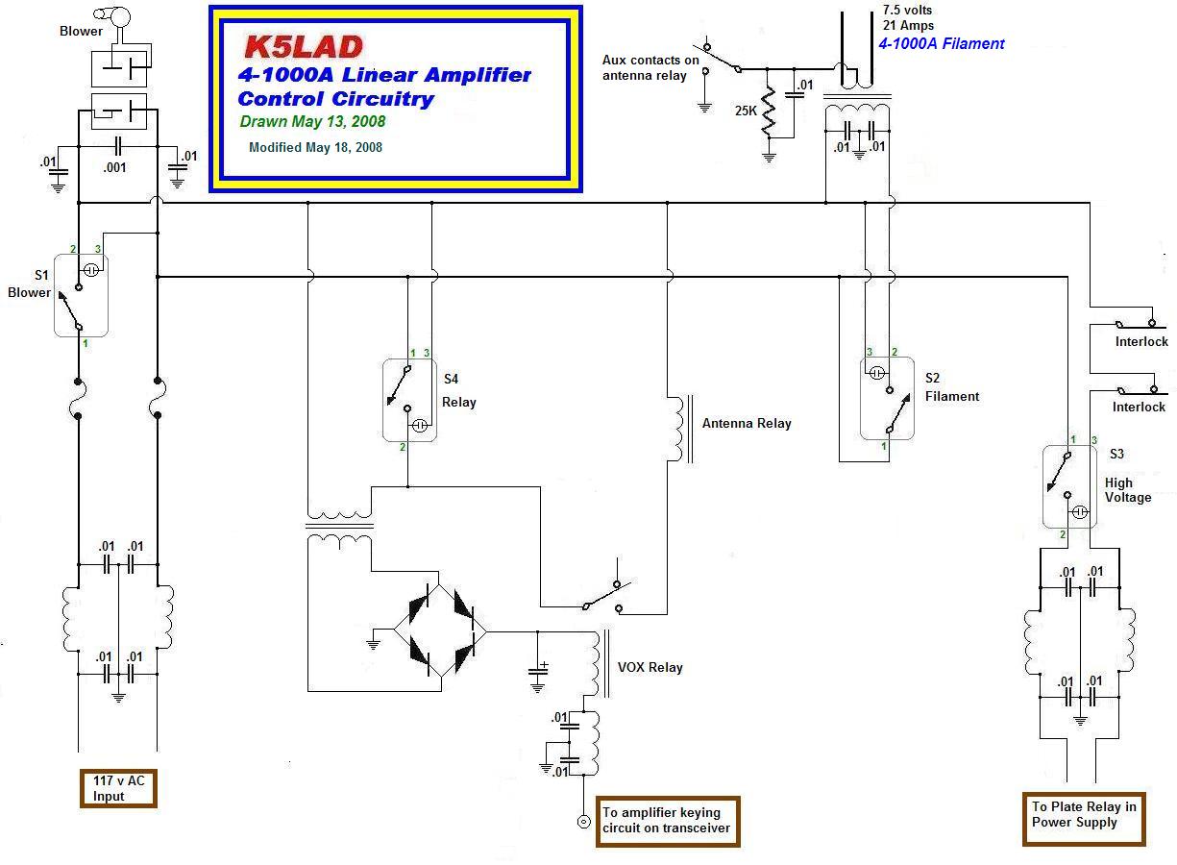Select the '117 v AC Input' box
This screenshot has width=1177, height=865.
coord(116,789)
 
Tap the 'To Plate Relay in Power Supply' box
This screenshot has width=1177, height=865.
coord(1084,814)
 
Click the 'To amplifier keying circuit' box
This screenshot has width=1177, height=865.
coord(668,820)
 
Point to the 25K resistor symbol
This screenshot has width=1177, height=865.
coord(769,113)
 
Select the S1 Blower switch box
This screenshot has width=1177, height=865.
coord(81,295)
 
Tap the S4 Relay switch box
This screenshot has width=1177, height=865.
coord(410,400)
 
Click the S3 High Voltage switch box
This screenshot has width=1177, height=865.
coord(1069,486)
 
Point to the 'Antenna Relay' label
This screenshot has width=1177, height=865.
coord(747,423)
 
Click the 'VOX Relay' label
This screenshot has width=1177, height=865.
coord(650,667)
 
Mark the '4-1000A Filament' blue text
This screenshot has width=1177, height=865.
coord(941,43)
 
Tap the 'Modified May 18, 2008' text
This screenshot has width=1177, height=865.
coord(315,147)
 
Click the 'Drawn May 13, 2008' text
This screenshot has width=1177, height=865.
coord(312,122)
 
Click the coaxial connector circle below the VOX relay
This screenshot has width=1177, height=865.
coord(582,821)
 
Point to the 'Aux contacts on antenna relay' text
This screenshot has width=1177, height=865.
coord(650,67)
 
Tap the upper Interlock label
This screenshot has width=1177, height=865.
coord(1141,341)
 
